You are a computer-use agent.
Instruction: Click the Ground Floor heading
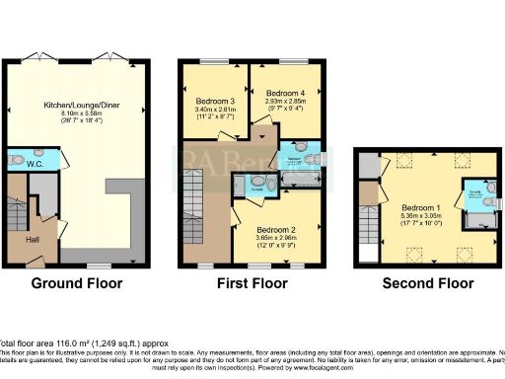[x=76, y=283]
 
